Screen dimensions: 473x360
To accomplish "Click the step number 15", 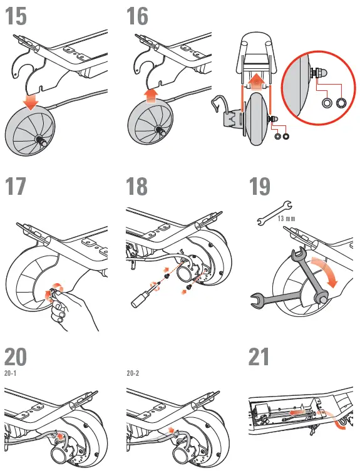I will tap(16, 16).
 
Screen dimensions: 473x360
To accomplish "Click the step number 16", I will tap(137, 16).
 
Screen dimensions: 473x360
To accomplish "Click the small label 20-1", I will tap(11, 373).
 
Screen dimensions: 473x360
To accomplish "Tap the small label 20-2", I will tap(133, 373).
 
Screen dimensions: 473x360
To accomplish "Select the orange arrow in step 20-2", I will tap(170, 432).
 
